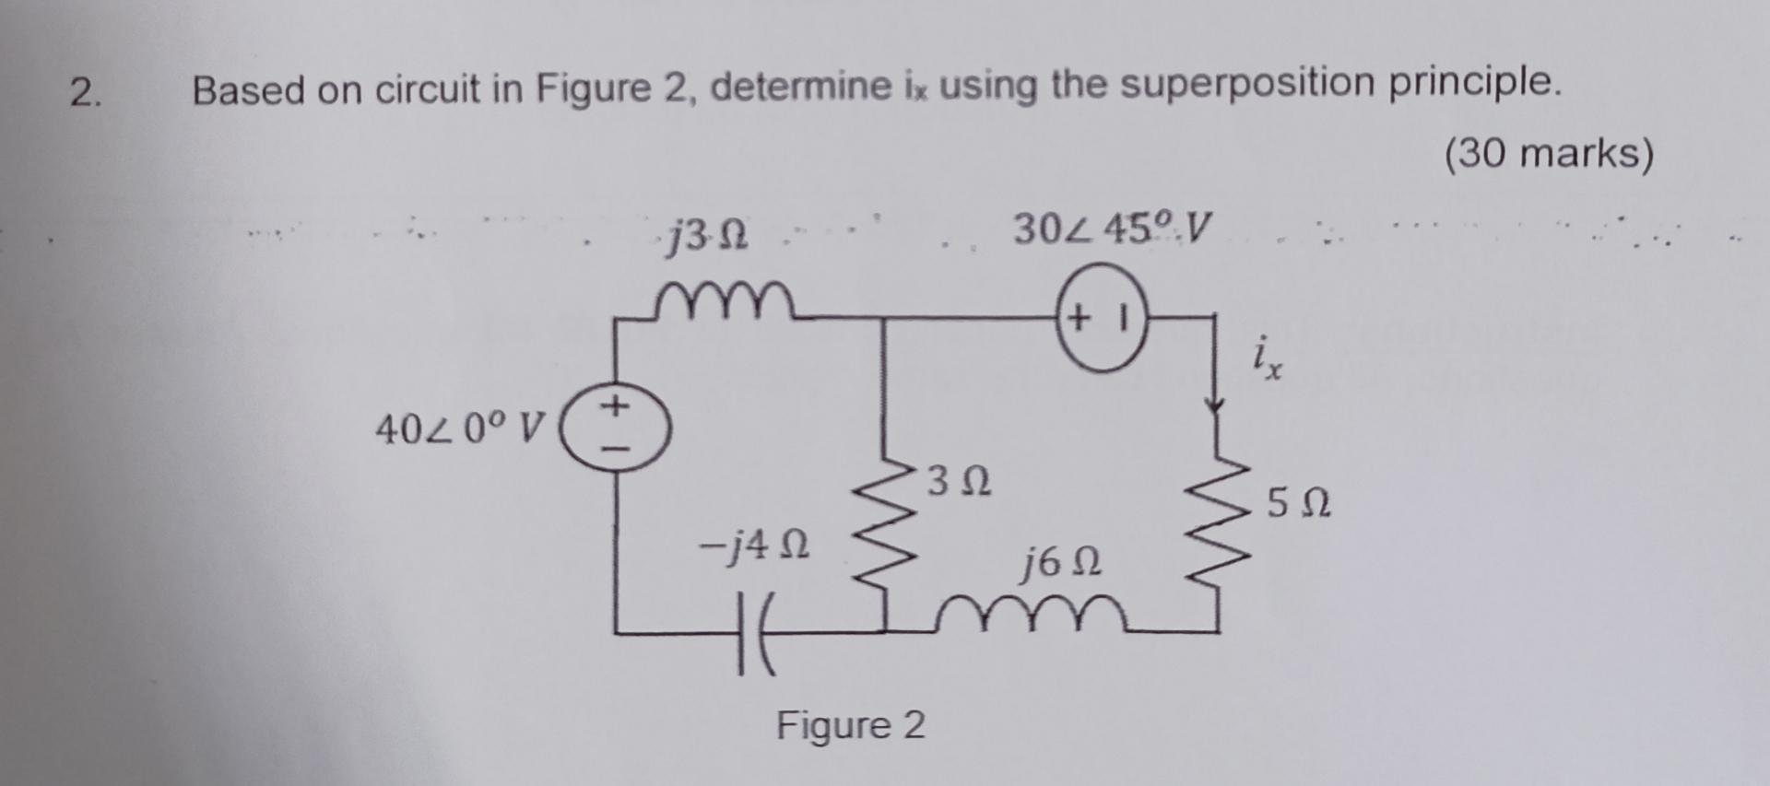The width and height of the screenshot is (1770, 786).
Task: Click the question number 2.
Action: click(86, 93)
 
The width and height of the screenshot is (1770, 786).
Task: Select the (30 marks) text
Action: click(1549, 153)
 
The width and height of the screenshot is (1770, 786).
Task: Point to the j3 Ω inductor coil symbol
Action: click(725, 299)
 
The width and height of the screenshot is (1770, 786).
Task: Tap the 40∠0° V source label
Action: click(459, 428)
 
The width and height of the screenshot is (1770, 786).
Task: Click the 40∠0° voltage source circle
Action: click(616, 429)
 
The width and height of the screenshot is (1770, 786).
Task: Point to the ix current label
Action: click(1267, 359)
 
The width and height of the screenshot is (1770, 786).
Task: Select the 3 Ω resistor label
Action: click(960, 482)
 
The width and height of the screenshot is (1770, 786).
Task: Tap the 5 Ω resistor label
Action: click(1298, 504)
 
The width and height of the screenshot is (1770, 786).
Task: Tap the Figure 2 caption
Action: click(850, 725)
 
